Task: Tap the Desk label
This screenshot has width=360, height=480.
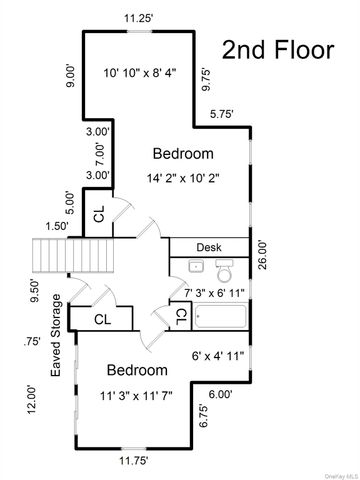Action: tap(209, 246)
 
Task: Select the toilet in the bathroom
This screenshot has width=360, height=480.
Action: tap(224, 270)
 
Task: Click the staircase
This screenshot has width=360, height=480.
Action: tap(51, 259)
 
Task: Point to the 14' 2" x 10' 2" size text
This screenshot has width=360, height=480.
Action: tap(183, 177)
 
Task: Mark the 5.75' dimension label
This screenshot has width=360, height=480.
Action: tap(222, 114)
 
